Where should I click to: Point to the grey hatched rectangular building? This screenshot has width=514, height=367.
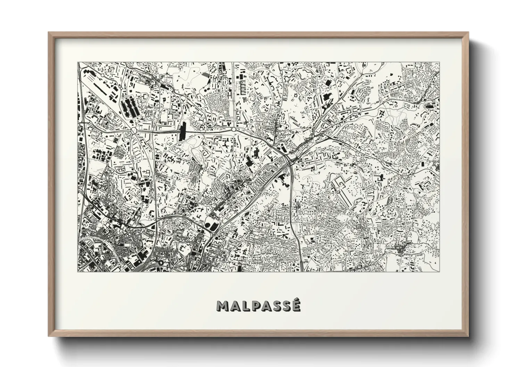click(206, 74)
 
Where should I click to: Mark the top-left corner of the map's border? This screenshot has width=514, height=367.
click(77, 62)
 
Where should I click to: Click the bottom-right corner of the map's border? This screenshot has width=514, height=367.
click(440, 272)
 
